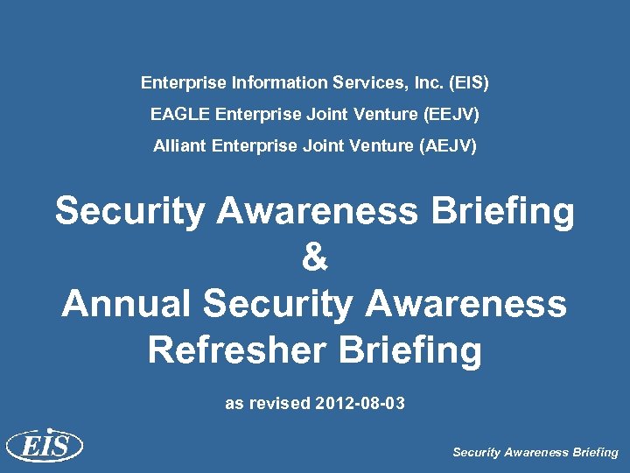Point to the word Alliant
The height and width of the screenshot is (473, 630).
coord(179,145)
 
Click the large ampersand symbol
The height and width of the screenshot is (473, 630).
coord(315,258)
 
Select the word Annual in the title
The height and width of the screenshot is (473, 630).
coord(126,304)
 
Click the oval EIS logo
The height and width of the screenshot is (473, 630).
coord(45,447)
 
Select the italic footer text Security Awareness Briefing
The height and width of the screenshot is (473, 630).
coord(535,453)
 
